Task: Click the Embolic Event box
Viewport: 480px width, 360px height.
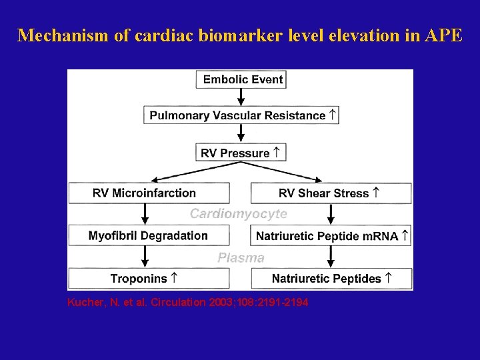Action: click(x=241, y=79)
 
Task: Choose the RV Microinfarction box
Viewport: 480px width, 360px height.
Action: click(x=149, y=193)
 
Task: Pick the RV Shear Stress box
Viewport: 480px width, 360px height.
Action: click(x=331, y=193)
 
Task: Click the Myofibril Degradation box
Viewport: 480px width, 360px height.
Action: click(x=149, y=235)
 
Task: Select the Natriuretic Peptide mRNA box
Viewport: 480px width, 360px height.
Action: click(x=331, y=235)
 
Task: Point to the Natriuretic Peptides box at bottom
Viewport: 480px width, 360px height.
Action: click(x=331, y=279)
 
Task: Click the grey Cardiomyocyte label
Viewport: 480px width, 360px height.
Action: click(x=239, y=214)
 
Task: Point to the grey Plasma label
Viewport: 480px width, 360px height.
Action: click(x=241, y=257)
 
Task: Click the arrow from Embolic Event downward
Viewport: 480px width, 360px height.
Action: click(x=241, y=97)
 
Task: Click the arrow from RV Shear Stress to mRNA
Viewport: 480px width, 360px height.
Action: click(x=331, y=214)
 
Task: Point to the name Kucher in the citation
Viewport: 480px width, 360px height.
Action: click(x=84, y=303)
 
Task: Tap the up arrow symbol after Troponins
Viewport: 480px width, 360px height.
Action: click(x=173, y=278)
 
